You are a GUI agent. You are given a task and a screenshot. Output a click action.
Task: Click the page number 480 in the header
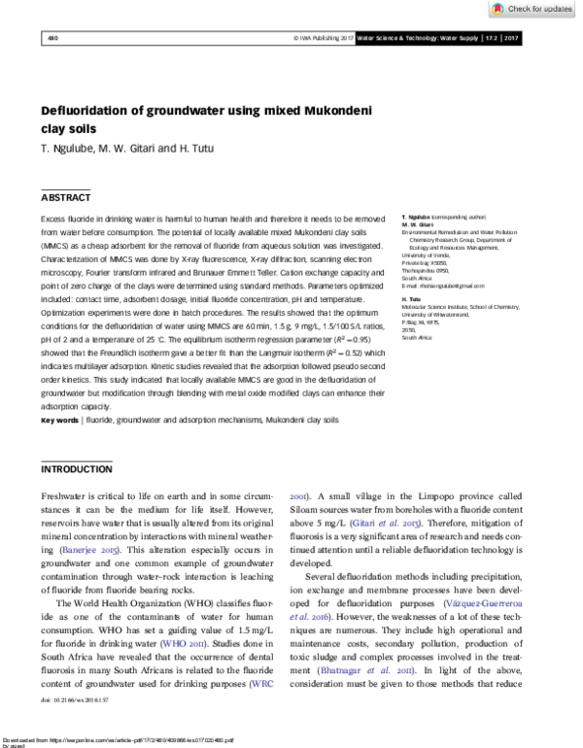point(52,37)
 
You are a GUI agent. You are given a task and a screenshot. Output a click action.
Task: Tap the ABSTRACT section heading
point(66,197)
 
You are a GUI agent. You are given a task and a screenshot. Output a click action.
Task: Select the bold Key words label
point(60,420)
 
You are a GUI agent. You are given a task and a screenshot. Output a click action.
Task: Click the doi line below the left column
point(76,698)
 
